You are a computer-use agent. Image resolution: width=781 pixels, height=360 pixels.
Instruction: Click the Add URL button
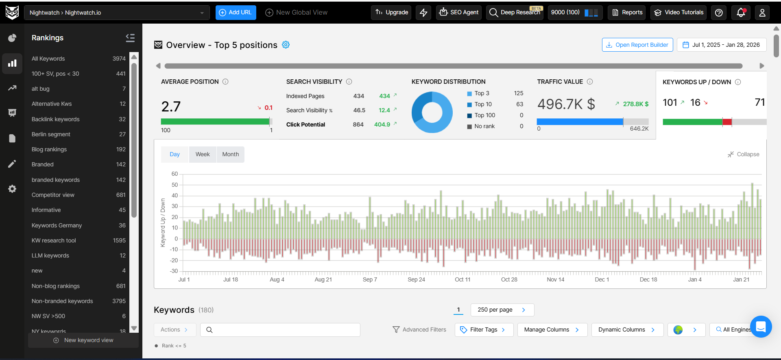236,13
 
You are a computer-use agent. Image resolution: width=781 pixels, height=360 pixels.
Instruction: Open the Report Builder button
637,45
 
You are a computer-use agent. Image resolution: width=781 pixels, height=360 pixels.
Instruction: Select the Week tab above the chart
203,155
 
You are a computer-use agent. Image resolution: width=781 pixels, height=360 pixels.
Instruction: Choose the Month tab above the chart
230,155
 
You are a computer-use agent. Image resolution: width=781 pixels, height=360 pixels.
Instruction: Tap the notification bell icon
741,13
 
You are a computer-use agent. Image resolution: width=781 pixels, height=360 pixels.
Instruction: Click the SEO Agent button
459,13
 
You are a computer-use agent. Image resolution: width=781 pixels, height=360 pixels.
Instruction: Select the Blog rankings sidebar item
49,149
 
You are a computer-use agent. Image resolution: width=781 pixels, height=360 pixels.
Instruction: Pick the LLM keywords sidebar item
50,255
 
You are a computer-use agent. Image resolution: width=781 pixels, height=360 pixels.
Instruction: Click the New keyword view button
83,340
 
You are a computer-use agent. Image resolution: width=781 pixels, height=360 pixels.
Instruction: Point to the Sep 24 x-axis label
416,279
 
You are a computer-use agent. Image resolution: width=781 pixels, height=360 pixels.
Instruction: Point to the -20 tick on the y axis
174,260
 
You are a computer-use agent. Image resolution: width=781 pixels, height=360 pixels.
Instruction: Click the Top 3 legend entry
482,94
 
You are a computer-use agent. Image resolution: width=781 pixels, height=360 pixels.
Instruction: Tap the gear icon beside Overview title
286,45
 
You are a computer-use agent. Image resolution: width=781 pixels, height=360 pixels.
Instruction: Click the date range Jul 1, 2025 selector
722,45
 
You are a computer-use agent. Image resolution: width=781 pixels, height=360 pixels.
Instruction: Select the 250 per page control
502,310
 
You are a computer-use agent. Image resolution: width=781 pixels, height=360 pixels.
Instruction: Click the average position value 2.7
171,107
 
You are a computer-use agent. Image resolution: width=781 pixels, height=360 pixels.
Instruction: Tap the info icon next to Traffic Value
590,82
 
